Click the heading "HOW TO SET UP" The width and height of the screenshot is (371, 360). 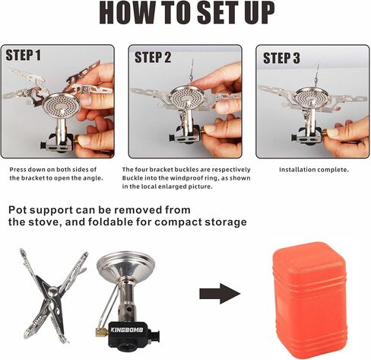tap(187, 13)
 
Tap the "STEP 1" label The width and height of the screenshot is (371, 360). tap(23, 55)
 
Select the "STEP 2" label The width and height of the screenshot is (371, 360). tap(153, 57)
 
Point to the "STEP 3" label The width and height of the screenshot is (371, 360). tap(281, 58)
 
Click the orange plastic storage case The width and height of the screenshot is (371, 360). tap(309, 301)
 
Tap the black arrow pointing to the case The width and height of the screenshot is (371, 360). tap(220, 294)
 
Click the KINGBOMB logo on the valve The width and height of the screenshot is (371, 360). tap(127, 330)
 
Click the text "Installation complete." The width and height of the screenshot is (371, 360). tap(314, 170)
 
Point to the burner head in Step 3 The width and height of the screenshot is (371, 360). tap(312, 97)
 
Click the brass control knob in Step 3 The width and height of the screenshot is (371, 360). tap(325, 133)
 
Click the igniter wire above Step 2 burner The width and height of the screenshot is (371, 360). tap(192, 70)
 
